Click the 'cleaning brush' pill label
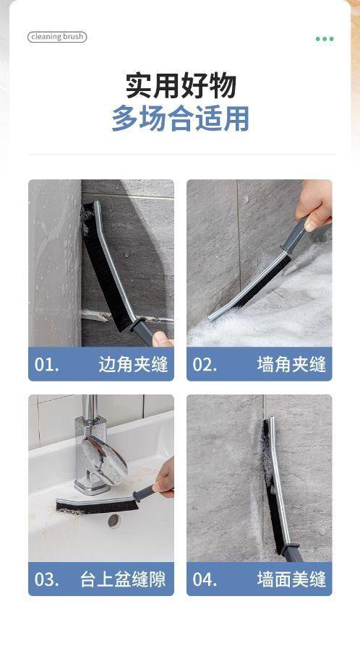pos(57,37)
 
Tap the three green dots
pos(325,39)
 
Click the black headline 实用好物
pos(181,86)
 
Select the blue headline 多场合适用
pos(180,118)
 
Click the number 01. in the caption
pos(46,365)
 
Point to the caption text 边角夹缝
pos(133,364)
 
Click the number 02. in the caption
pos(205,365)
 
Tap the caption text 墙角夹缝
pos(291,364)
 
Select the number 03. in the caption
pos(46,580)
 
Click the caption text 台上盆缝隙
pos(123,579)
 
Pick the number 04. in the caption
pos(205,580)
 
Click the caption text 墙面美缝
pos(291,579)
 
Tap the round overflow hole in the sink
pos(114,520)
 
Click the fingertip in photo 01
pos(162,339)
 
